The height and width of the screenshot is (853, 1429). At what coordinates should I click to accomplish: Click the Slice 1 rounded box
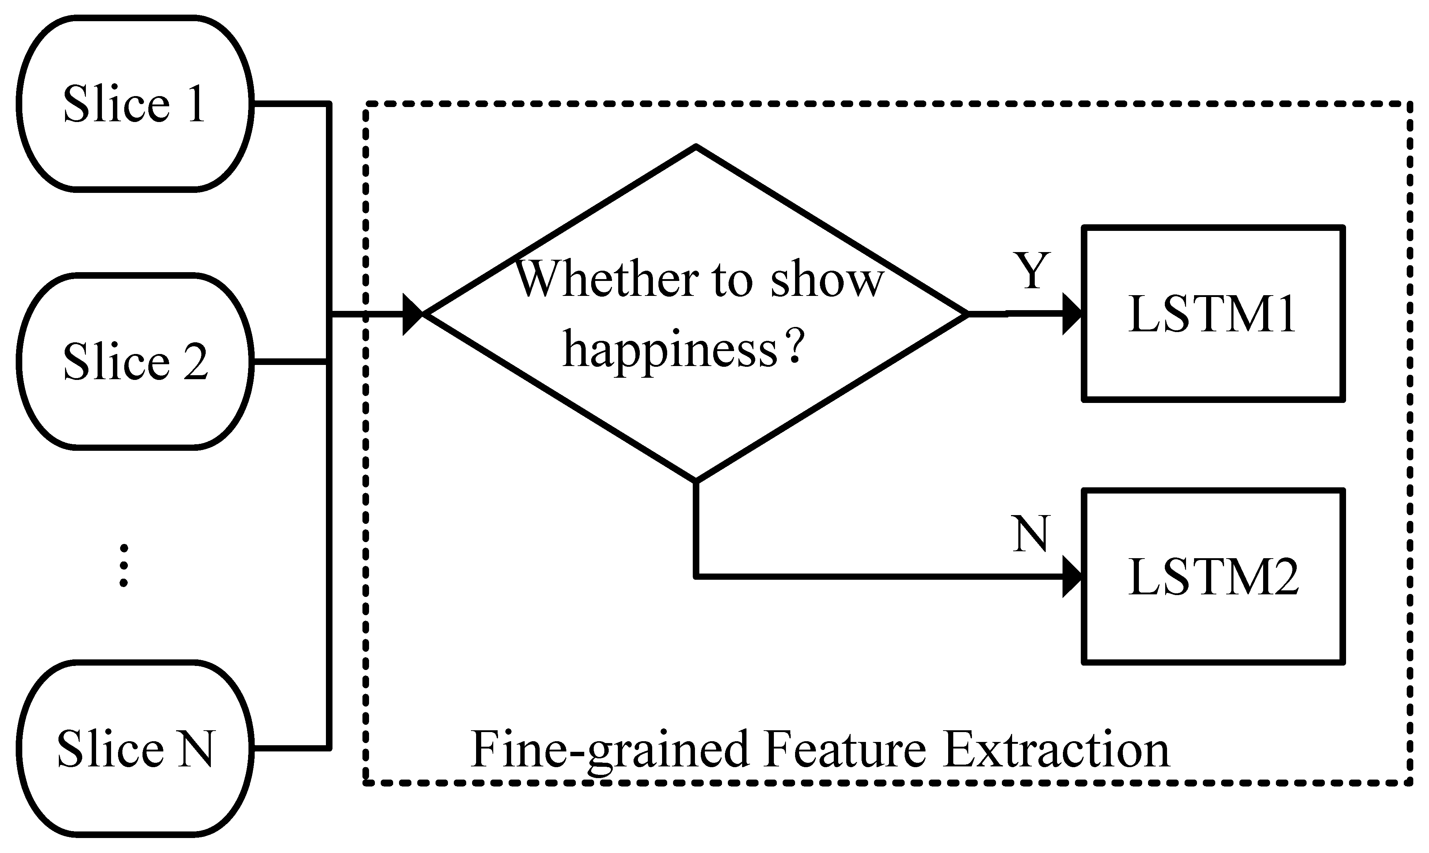click(135, 103)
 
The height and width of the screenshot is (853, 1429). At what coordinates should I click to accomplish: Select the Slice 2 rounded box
click(135, 361)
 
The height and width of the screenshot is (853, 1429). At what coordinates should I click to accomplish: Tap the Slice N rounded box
click(135, 749)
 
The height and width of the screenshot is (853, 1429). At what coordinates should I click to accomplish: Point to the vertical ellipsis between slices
click(123, 566)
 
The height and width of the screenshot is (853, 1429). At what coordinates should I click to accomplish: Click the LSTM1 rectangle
click(1213, 314)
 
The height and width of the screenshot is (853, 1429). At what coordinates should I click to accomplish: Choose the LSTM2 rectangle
click(1213, 576)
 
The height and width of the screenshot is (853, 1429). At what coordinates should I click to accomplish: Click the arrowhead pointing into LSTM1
click(1071, 314)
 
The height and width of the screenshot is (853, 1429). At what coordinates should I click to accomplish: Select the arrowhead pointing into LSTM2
click(1071, 576)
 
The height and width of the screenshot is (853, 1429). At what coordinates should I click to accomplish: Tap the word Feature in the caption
click(845, 750)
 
